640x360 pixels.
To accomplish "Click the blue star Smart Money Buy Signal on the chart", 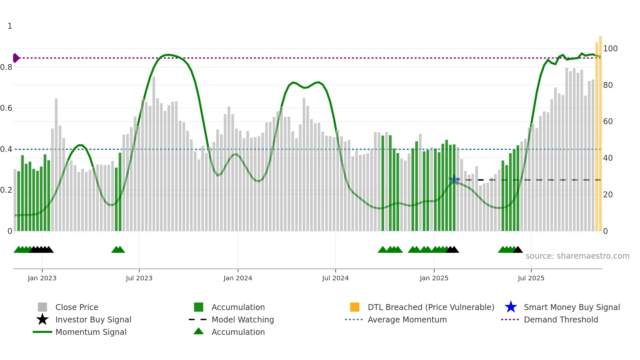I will click(x=454, y=180).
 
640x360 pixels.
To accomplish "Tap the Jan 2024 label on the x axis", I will click(x=238, y=278).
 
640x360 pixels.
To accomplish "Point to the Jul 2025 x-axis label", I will click(x=531, y=278).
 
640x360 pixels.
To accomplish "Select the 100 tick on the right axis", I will click(x=610, y=49).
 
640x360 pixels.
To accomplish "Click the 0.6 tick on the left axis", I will click(x=7, y=108).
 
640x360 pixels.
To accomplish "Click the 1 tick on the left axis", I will click(x=10, y=26).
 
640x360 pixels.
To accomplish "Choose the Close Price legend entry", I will click(x=76, y=307).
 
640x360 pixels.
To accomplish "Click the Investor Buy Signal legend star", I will click(x=42, y=319).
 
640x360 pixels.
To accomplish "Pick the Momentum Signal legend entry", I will click(x=90, y=332).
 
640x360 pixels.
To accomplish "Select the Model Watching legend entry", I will click(x=242, y=319).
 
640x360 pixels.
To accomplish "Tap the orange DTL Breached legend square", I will click(x=355, y=307).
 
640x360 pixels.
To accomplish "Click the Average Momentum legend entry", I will click(x=407, y=319).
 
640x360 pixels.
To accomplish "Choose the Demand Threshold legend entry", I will click(x=561, y=319).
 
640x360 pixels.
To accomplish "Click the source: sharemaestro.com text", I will click(x=577, y=256).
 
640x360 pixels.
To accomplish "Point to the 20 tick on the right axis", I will click(x=608, y=195).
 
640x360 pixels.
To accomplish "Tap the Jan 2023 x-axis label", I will click(x=42, y=278).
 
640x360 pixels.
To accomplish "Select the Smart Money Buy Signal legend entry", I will click(x=571, y=307).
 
